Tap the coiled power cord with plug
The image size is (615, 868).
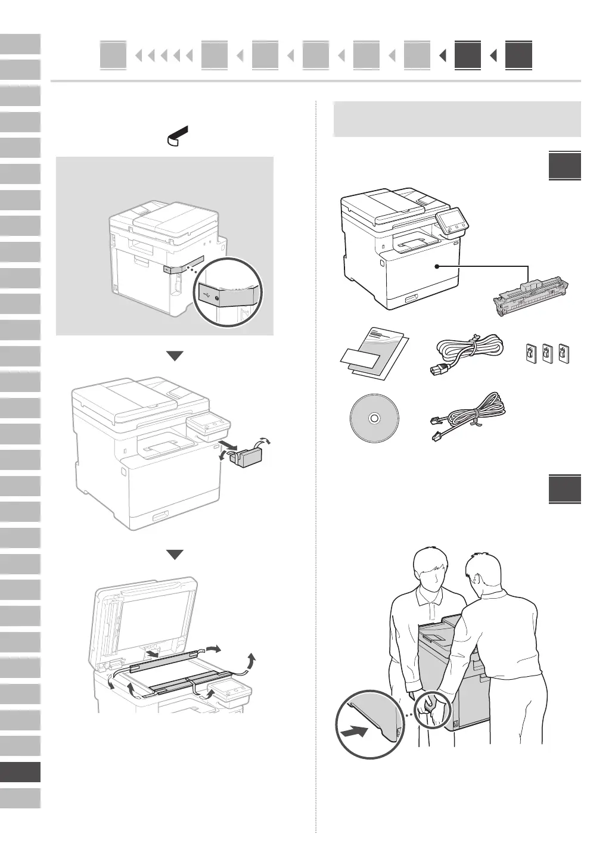[467, 354]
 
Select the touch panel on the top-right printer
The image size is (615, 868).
[452, 223]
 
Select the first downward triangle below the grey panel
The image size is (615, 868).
[175, 356]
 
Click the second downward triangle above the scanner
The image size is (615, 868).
[175, 555]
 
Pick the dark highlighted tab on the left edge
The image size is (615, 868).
[20, 772]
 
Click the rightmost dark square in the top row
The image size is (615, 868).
[518, 56]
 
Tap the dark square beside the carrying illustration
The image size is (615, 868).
[564, 490]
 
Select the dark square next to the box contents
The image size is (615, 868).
[564, 166]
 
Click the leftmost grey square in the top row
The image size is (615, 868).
[113, 56]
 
